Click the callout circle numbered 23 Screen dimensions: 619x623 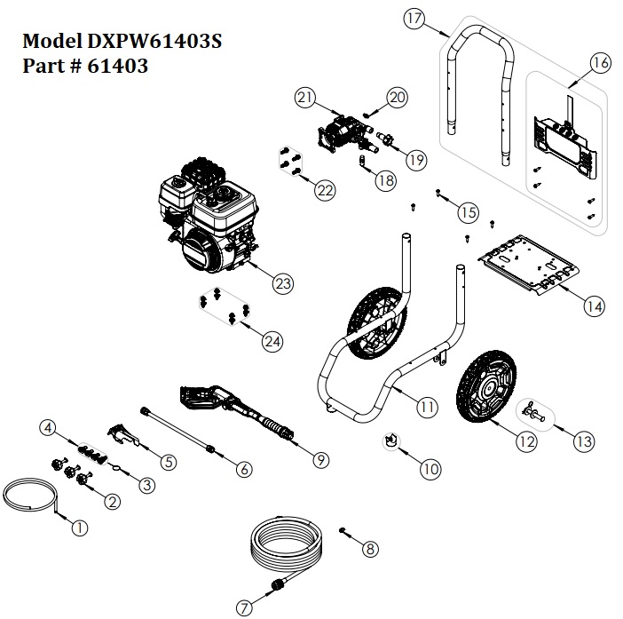click(x=281, y=284)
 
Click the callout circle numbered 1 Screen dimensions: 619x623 click(x=79, y=527)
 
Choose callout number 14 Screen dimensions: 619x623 click(x=593, y=306)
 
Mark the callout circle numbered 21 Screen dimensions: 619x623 click(x=305, y=97)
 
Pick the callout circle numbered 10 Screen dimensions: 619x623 click(x=430, y=470)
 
